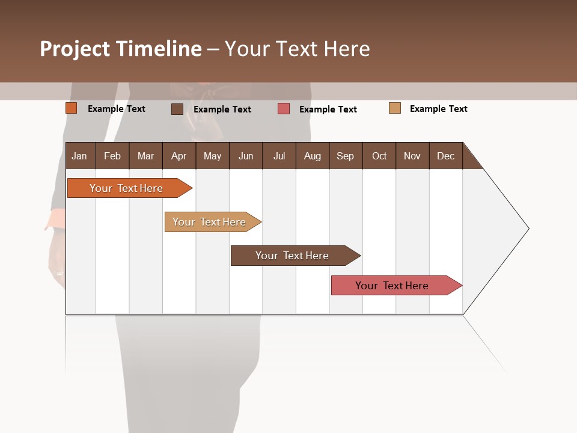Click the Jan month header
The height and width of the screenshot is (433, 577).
(x=79, y=156)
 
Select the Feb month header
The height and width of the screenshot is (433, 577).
(x=112, y=156)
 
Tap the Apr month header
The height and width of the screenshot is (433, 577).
(x=179, y=156)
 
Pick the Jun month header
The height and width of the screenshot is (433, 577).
(x=246, y=156)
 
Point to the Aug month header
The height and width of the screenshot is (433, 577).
(x=312, y=156)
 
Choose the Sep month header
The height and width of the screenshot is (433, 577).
(x=345, y=156)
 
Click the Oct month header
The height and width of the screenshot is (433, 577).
(x=379, y=156)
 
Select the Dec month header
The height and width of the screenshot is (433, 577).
(x=445, y=156)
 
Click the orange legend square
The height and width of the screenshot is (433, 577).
(x=72, y=108)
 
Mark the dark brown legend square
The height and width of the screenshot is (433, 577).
(x=177, y=109)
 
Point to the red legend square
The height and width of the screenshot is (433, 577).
(x=284, y=109)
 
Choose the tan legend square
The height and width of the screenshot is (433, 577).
(x=395, y=108)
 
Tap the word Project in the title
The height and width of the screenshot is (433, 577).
(x=75, y=49)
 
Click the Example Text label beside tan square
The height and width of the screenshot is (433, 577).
(x=438, y=109)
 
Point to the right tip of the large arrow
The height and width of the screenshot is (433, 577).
(x=528, y=229)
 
